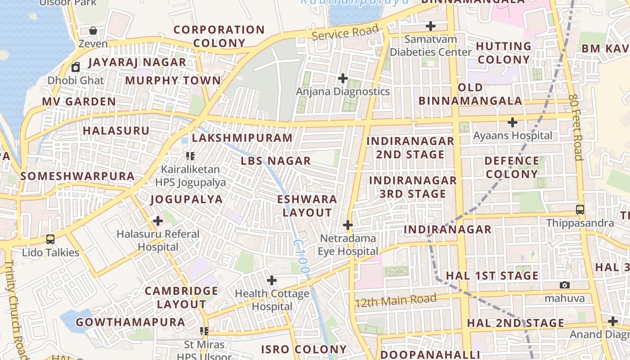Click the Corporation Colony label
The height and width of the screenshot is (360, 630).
pyautogui.click(x=219, y=36)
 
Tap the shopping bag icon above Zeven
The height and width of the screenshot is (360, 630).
pyautogui.click(x=93, y=31)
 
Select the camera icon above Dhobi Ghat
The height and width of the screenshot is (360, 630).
pyautogui.click(x=76, y=67)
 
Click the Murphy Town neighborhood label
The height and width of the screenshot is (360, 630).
pyautogui.click(x=173, y=81)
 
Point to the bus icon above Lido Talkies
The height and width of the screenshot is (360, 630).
pyautogui.click(x=50, y=239)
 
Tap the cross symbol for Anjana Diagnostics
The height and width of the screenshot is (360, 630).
pyautogui.click(x=343, y=78)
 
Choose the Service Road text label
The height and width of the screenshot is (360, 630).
pyautogui.click(x=345, y=32)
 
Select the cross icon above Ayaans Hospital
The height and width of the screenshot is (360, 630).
pyautogui.click(x=513, y=122)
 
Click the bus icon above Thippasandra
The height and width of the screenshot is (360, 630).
pyautogui.click(x=580, y=210)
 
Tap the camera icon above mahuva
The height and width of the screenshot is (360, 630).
pyautogui.click(x=565, y=285)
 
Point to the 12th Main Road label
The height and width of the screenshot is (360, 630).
pyautogui.click(x=396, y=300)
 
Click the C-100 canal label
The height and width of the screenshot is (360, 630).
pyautogui.click(x=301, y=256)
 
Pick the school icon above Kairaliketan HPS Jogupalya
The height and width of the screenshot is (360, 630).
pyautogui.click(x=190, y=156)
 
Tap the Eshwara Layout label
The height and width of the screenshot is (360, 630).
pyautogui.click(x=307, y=206)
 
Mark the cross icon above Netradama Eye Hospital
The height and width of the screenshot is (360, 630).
pyautogui.click(x=348, y=225)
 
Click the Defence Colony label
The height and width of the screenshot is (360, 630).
pyautogui.click(x=512, y=167)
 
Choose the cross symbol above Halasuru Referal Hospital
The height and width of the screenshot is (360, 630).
pyautogui.click(x=158, y=221)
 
